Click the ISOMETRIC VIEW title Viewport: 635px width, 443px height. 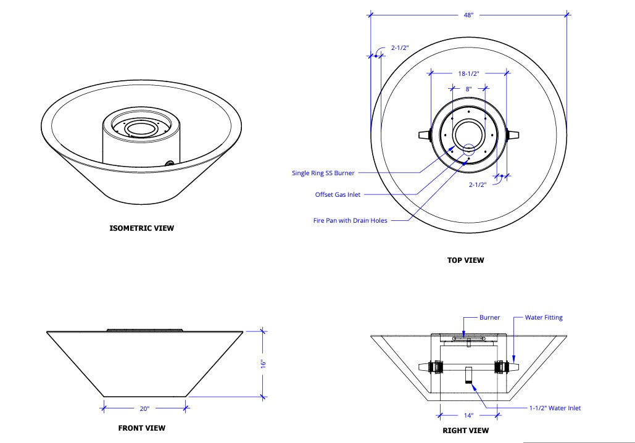click(x=141, y=228)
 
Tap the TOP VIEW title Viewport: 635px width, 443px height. click(x=465, y=260)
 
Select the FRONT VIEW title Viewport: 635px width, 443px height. click(x=141, y=428)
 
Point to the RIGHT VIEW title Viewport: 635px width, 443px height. click(x=465, y=431)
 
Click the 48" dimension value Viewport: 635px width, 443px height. click(x=468, y=15)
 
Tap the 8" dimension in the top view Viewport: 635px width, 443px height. click(x=468, y=89)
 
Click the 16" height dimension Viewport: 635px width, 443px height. click(x=262, y=363)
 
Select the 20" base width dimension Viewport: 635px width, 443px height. click(x=144, y=408)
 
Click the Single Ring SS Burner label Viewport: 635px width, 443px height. click(x=323, y=173)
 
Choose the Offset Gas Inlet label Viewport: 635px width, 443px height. click(x=338, y=195)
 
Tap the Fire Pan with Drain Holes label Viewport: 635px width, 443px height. click(x=351, y=220)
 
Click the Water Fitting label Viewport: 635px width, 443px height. click(x=544, y=318)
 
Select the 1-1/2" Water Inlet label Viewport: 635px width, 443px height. click(x=554, y=408)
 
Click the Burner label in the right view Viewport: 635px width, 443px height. click(x=489, y=318)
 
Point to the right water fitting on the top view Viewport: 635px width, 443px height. click(x=513, y=135)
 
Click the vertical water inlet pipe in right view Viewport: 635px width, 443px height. click(x=468, y=375)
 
